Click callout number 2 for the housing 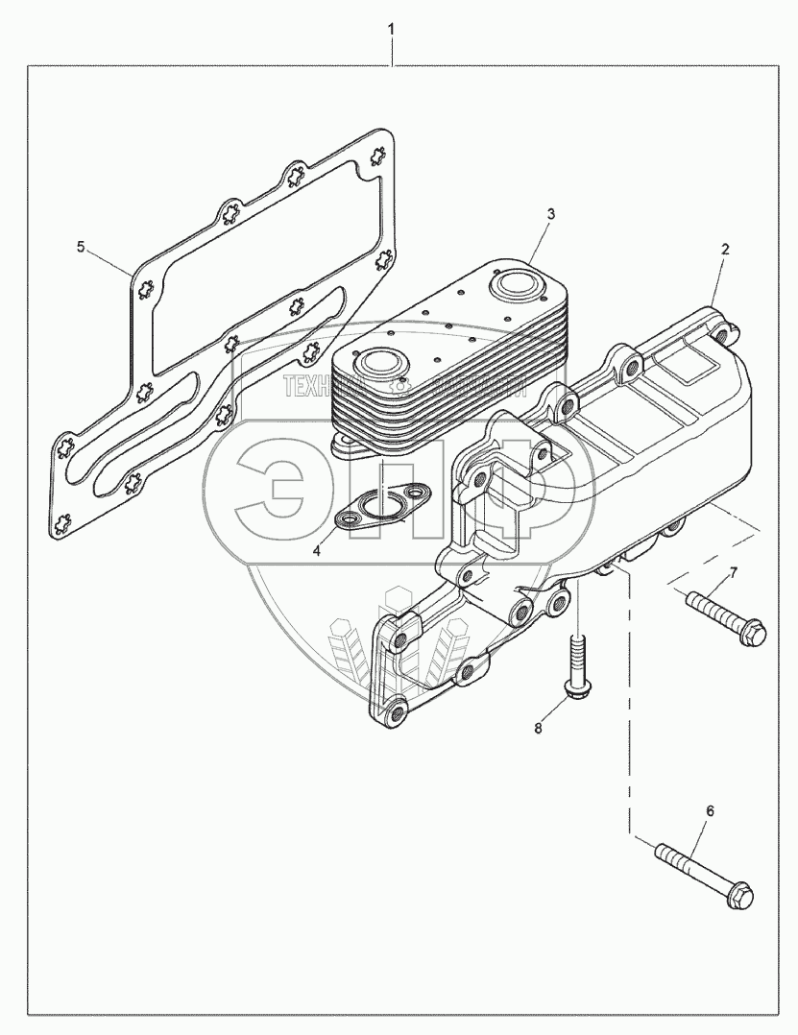point(725,249)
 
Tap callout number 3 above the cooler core point(550,215)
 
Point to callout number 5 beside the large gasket point(82,248)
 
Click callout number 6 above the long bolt point(710,811)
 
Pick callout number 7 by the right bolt point(733,573)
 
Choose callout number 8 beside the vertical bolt point(538,729)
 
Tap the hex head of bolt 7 point(757,634)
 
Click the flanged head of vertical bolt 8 point(578,690)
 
